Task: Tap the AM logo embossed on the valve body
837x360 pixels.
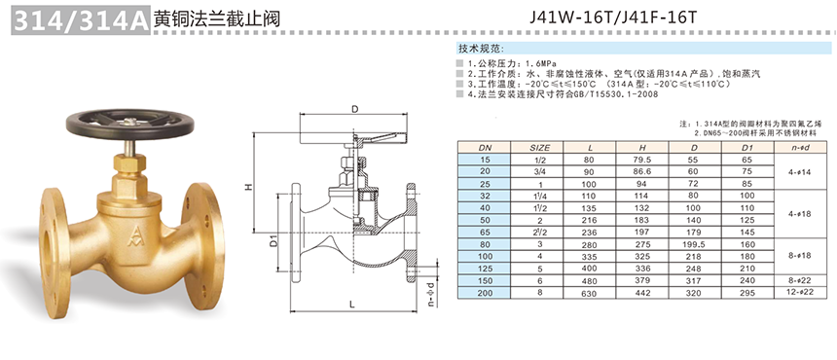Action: coord(131,236)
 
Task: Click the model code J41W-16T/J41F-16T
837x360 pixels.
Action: coord(613,18)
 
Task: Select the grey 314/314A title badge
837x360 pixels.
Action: coord(80,20)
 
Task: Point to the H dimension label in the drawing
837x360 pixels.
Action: coord(247,186)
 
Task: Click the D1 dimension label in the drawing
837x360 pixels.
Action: coord(273,242)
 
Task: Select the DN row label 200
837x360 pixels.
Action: coord(484,292)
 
